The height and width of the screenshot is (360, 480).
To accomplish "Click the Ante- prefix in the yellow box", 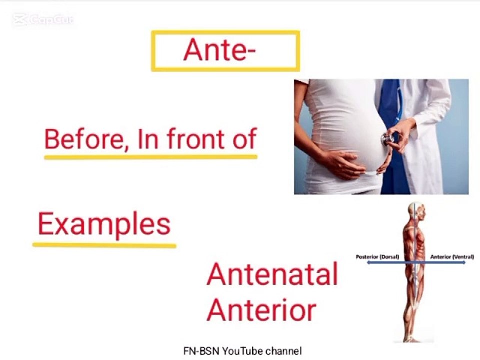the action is coord(219,50).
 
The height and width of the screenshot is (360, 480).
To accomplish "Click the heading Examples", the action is coord(104,224).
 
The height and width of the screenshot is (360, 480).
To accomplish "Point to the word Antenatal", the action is coord(272,274).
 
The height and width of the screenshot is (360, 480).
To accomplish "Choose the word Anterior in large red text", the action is coord(261,310).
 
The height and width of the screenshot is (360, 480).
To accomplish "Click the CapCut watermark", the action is coord(43,20).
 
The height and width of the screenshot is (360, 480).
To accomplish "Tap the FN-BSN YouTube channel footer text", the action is coord(243,351).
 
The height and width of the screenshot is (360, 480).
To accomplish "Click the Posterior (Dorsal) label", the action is coord(378,257).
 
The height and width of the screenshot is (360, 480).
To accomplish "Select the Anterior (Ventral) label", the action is coord(452,257).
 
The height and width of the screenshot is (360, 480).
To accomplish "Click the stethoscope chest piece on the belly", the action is coord(387,140).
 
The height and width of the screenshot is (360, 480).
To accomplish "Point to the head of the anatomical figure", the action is coord(416,211).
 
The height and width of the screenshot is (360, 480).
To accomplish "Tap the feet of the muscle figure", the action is coord(412,338).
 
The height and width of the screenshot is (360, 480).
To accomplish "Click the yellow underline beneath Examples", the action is coord(104,245).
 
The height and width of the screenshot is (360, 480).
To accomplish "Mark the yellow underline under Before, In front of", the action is coord(151,157).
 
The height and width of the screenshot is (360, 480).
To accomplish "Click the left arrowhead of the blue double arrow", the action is coord(369,262).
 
